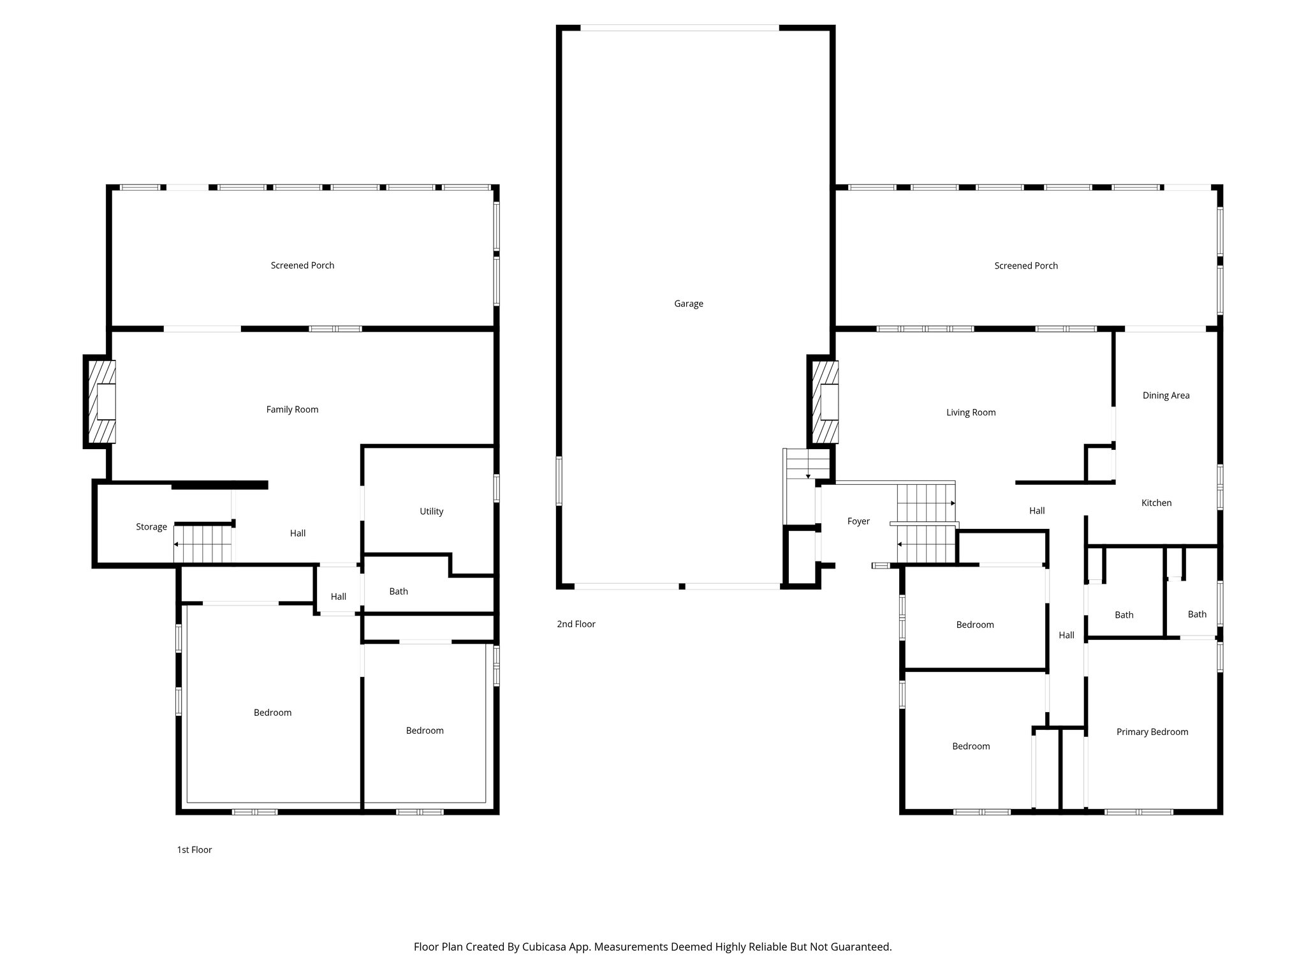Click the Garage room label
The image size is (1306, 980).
[x=689, y=304]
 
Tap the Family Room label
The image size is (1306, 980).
[x=292, y=410]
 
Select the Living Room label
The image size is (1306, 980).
[x=971, y=413]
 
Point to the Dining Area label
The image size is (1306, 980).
[x=1166, y=396]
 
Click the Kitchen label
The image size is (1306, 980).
[x=1156, y=503]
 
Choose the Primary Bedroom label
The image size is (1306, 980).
[x=1152, y=732]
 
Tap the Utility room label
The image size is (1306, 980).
[x=431, y=511]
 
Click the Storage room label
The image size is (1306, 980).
[x=151, y=527]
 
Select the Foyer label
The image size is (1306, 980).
[x=858, y=521]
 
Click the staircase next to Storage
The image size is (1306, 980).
[x=203, y=544]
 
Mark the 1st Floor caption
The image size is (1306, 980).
[x=194, y=850]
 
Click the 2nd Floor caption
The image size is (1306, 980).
[x=576, y=624]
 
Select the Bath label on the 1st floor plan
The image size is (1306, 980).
[x=399, y=591]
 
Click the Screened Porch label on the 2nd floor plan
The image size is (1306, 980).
[x=1025, y=266]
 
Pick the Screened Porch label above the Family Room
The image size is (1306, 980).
[x=302, y=265]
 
